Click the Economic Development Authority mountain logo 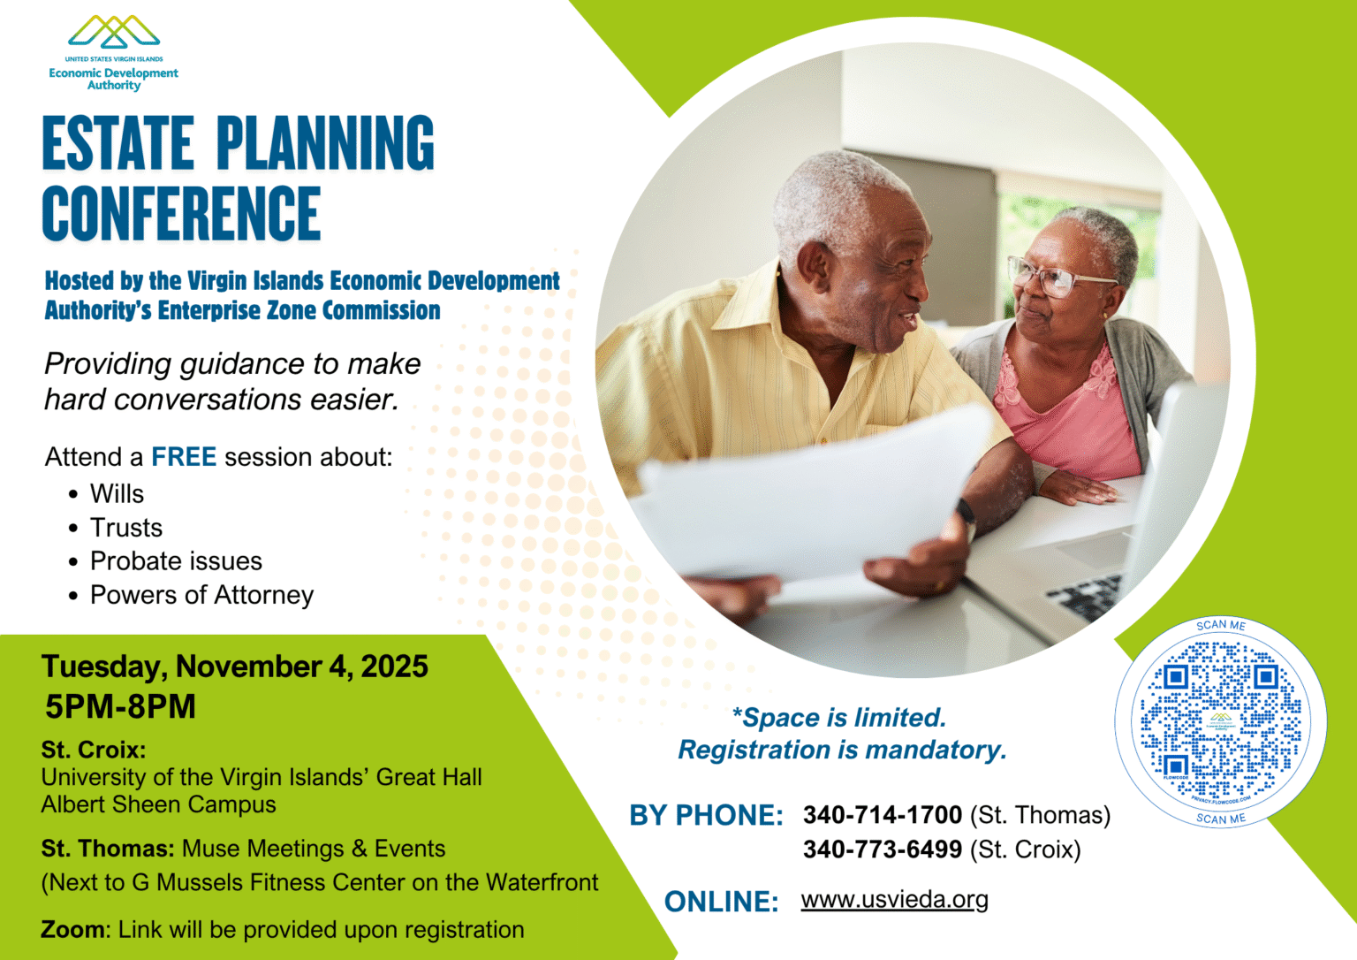pos(114,33)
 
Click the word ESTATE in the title pos(118,143)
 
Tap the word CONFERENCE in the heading pos(181,214)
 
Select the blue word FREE pos(184,457)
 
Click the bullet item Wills pos(117,494)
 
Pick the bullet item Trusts pos(126,528)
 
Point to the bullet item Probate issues pos(176,561)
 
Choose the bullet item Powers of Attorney pos(201,595)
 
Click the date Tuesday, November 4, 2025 pos(234,667)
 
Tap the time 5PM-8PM pos(120,707)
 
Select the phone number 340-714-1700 pos(882,815)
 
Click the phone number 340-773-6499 pos(882,850)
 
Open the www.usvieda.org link pos(894,900)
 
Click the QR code pos(1220,721)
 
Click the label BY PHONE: pos(706,816)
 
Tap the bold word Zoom pos(73,930)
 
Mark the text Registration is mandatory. pos(842,750)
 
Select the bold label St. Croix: pos(93,750)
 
